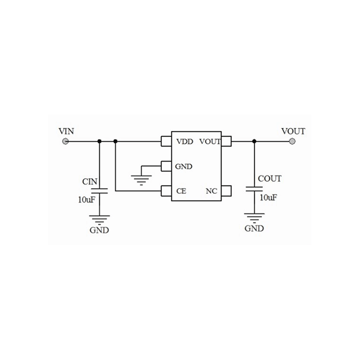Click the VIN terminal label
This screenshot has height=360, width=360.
point(67,131)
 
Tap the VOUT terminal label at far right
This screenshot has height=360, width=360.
point(293,131)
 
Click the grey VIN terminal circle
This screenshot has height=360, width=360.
point(66,141)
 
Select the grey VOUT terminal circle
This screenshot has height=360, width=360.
point(292,141)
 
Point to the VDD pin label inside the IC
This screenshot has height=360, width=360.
point(184,142)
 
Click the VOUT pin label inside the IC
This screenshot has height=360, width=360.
point(209,142)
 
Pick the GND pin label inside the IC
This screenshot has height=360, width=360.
point(184,166)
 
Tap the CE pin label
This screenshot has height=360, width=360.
point(181,191)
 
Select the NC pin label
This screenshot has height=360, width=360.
point(211,191)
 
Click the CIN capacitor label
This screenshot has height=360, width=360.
point(90,181)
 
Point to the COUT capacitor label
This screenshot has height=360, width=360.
point(270,179)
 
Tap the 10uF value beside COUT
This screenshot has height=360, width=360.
point(268,198)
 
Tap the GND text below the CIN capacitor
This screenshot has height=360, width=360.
point(99,230)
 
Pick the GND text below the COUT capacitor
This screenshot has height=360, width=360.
point(254,228)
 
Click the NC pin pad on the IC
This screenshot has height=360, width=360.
point(226,191)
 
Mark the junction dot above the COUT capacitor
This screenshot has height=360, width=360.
point(254,141)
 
